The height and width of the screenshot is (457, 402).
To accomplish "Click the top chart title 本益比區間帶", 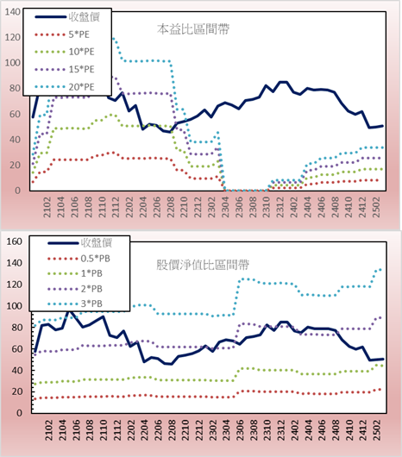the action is coord(193,29).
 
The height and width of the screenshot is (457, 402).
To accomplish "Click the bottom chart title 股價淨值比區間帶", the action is coord(203,265).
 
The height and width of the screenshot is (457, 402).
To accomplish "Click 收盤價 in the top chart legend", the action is coord(85,16).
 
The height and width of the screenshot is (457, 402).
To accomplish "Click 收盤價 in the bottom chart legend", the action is coord(97,242).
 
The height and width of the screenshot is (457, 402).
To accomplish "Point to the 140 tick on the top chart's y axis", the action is coord(13,12).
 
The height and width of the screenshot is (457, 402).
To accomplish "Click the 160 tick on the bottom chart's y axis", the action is coord(15,241).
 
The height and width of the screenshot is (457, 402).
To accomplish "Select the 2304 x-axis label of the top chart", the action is coord(225,207).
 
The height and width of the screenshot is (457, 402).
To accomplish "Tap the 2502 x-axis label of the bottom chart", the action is coord(377,430).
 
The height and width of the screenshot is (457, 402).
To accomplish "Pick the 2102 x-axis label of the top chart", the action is coord(47,207).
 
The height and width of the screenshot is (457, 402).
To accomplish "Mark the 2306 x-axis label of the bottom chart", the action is coord(240,430).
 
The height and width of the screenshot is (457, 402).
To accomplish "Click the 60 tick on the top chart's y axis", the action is coord(15,114).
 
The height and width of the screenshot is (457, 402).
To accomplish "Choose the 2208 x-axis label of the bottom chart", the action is coord(171,430).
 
